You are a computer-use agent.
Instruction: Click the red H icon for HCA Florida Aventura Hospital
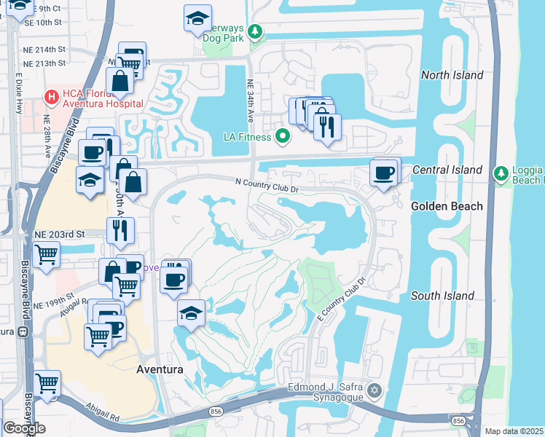click(51, 96)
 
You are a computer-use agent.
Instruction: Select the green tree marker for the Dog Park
click(255, 31)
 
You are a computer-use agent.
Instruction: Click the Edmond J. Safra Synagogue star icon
click(375, 390)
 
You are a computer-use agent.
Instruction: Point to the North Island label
click(452, 75)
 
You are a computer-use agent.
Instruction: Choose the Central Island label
click(447, 170)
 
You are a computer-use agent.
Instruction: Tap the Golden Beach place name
click(447, 206)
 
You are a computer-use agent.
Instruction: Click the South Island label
click(442, 296)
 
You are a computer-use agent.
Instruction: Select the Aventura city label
click(160, 369)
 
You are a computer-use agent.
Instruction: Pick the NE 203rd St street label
click(60, 235)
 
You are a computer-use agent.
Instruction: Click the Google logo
click(24, 428)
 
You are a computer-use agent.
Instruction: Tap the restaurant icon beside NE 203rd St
click(120, 229)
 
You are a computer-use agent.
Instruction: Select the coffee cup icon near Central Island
click(384, 173)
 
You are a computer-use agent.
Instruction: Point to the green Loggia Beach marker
click(500, 173)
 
